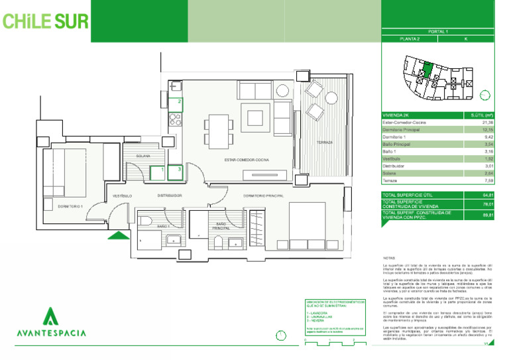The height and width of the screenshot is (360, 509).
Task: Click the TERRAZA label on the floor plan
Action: [x=324, y=143]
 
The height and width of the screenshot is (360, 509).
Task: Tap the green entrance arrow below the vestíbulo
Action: [x=119, y=234]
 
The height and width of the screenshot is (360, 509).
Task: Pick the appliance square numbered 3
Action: [x=178, y=171]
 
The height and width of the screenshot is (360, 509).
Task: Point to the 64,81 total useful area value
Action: [x=488, y=195]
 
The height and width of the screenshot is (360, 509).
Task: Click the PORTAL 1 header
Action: [x=438, y=31]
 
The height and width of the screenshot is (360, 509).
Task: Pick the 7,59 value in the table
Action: [x=488, y=179]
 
